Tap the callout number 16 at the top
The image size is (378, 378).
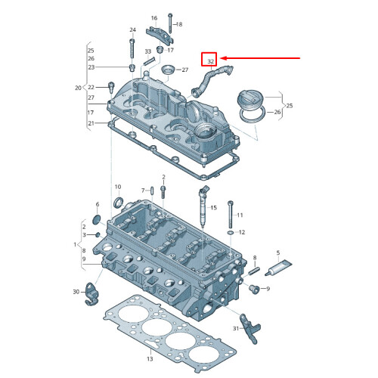[153, 17]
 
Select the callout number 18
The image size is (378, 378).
[180, 25]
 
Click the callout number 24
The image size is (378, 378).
[132, 30]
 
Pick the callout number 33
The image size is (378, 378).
[147, 51]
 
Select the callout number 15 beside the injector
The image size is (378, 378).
[214, 207]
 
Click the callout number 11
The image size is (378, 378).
[240, 215]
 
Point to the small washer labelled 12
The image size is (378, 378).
[230, 234]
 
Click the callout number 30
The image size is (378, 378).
[76, 292]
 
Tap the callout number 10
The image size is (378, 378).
[117, 187]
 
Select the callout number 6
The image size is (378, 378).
[97, 205]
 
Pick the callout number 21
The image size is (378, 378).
[91, 123]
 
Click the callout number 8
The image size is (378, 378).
[255, 259]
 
